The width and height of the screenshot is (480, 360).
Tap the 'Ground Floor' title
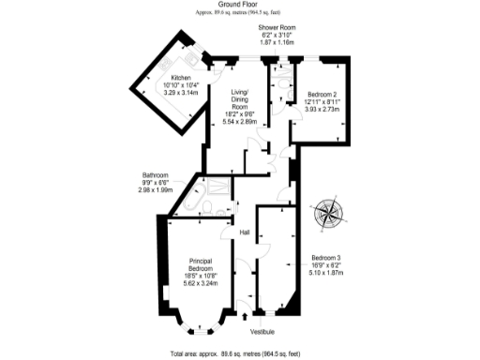tap(240, 5)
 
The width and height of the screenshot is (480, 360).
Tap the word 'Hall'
tap(244, 232)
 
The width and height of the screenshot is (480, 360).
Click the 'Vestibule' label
tap(263, 331)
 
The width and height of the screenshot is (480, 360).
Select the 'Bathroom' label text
tap(155, 175)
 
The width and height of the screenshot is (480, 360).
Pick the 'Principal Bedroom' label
tap(200, 264)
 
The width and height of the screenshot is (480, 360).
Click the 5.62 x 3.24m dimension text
tap(200, 283)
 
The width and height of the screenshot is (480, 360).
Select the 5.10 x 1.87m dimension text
tap(327, 273)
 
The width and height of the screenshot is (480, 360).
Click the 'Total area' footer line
tap(240, 352)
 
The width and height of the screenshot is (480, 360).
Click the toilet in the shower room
tap(282, 84)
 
